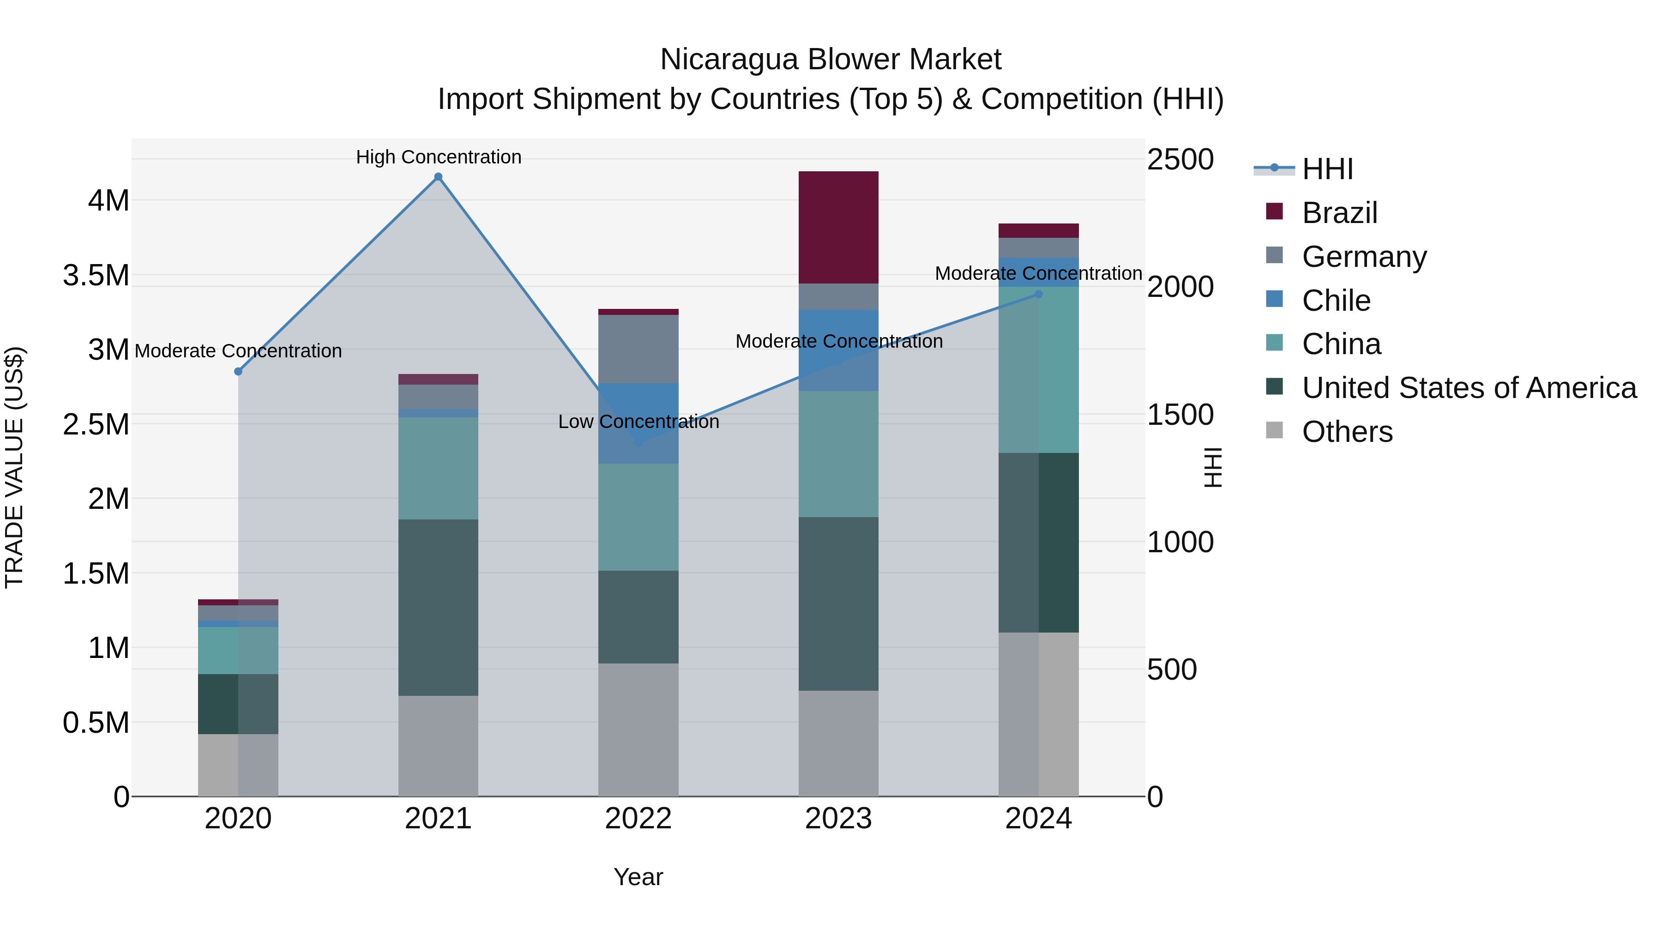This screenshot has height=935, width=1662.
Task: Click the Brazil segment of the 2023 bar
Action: pos(838,227)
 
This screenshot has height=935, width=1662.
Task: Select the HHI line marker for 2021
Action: pos(438,177)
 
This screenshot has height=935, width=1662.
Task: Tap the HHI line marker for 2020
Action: pos(238,371)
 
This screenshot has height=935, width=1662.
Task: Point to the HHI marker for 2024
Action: pos(1038,294)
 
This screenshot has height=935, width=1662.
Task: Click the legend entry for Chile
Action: pos(1336,301)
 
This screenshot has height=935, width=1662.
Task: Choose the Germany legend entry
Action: pos(1363,257)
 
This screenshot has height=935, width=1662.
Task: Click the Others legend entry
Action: pos(1347,432)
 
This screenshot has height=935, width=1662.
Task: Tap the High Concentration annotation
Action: pos(438,157)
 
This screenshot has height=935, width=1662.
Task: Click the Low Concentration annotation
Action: pos(638,422)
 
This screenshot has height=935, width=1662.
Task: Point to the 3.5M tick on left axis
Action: pos(96,276)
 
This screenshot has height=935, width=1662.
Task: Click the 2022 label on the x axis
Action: pos(638,819)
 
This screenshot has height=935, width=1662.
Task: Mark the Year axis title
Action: pos(638,877)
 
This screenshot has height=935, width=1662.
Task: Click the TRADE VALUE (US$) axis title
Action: pos(14,467)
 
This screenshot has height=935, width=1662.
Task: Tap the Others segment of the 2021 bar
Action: pos(438,745)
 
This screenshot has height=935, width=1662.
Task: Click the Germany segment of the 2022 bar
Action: pos(638,349)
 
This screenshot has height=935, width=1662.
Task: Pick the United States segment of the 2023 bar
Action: pos(838,603)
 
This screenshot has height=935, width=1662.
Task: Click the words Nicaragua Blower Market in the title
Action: pos(831,60)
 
